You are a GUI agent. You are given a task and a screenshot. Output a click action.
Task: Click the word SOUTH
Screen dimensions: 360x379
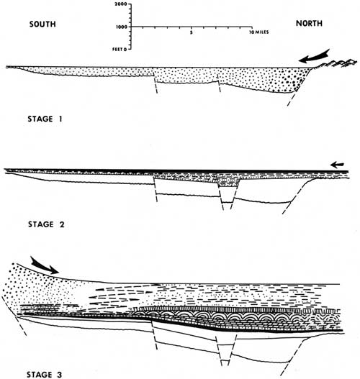pyautogui.click(x=42, y=24)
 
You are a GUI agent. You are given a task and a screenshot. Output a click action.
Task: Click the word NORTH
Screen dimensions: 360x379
pyautogui.click(x=309, y=24)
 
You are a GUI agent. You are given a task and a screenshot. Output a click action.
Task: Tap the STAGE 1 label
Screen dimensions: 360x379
pyautogui.click(x=45, y=119)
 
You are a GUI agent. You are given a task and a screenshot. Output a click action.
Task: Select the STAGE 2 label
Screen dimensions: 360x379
pyautogui.click(x=46, y=224)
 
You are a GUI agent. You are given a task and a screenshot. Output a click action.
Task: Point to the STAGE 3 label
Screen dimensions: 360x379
pyautogui.click(x=44, y=375)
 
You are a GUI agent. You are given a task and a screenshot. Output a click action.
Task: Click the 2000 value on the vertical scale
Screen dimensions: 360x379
pyautogui.click(x=122, y=4)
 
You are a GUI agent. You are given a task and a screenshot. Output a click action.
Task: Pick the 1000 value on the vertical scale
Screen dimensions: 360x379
pyautogui.click(x=122, y=27)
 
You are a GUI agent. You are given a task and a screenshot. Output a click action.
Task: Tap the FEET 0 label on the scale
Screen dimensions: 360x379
pyautogui.click(x=120, y=50)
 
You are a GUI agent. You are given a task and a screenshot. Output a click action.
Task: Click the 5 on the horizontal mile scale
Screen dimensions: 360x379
pyautogui.click(x=192, y=32)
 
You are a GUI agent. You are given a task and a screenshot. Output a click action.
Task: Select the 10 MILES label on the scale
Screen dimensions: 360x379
pyautogui.click(x=259, y=32)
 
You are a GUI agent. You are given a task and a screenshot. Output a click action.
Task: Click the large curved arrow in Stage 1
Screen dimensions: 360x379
pyautogui.click(x=313, y=57)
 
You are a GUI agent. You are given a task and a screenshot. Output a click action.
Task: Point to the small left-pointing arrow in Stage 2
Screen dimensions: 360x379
pyautogui.click(x=337, y=165)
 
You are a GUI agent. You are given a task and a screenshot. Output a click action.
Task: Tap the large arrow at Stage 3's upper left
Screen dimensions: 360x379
pyautogui.click(x=45, y=265)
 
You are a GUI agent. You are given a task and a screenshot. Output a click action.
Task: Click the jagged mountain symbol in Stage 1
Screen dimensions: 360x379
pyautogui.click(x=336, y=63)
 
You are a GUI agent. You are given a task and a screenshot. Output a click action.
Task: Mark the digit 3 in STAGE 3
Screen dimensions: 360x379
pyautogui.click(x=59, y=375)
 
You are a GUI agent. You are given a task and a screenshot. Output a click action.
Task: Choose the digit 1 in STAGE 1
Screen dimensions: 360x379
pyautogui.click(x=60, y=119)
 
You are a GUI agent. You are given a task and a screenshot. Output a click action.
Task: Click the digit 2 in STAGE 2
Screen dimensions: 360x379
pyautogui.click(x=62, y=224)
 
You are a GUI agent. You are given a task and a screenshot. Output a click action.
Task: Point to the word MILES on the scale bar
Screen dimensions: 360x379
pyautogui.click(x=261, y=32)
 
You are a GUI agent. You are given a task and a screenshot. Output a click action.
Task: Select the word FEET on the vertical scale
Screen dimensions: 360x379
pyautogui.click(x=117, y=50)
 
